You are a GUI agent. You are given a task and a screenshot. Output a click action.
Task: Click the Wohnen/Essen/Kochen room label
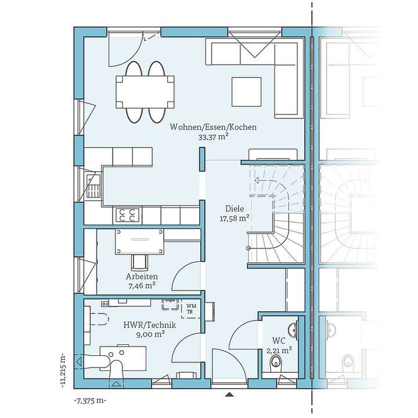[212, 127]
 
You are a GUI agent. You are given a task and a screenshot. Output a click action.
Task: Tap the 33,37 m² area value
[212, 138]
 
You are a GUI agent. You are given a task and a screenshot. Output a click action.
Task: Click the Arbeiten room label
[141, 276]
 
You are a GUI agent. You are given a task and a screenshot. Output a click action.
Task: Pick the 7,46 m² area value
[141, 286]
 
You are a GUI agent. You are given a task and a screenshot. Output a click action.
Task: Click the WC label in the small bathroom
[278, 341]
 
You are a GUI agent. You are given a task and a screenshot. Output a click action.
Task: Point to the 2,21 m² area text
[278, 350]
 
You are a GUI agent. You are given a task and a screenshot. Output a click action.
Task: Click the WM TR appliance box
[190, 308]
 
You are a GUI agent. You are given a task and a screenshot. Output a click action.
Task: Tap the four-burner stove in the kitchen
[128, 215]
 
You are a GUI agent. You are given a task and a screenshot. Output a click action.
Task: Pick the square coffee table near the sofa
[246, 91]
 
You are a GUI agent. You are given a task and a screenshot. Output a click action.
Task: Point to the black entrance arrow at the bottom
[227, 394]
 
